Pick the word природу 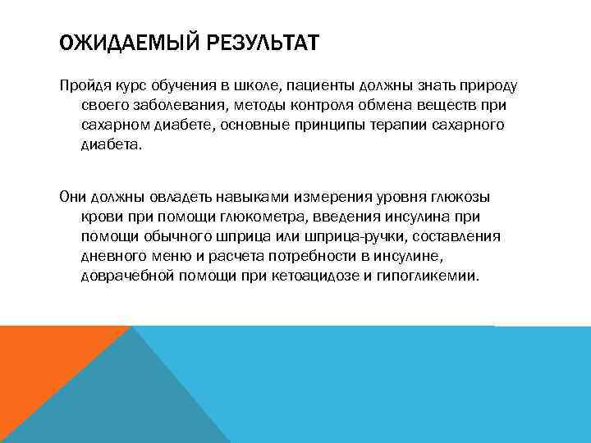(487, 88)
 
